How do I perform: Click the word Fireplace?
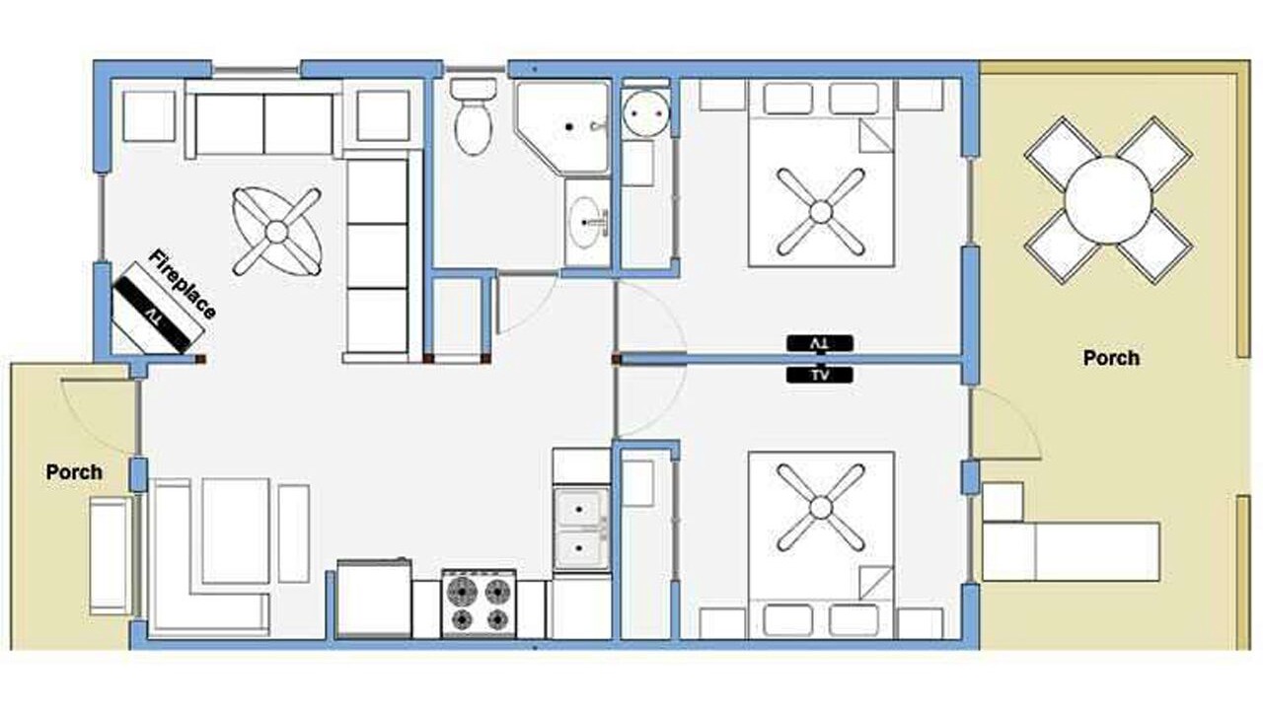point(183,284)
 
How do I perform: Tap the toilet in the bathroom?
point(473,116)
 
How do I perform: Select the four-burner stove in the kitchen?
point(480,603)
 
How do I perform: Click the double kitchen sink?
point(581,529)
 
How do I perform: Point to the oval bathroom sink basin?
point(585,222)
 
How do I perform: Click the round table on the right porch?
point(1108,200)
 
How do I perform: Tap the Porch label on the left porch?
point(74,472)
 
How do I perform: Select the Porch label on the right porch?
point(1111,358)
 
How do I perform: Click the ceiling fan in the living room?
point(277,232)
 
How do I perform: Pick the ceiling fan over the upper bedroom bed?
point(821,212)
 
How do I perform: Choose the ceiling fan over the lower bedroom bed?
point(821,508)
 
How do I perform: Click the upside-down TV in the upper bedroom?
point(820,343)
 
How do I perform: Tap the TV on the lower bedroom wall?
point(820,376)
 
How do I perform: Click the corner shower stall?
point(562,128)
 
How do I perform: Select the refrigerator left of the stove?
point(374,599)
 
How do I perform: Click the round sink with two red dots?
point(646,113)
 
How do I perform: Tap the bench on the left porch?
point(111,555)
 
